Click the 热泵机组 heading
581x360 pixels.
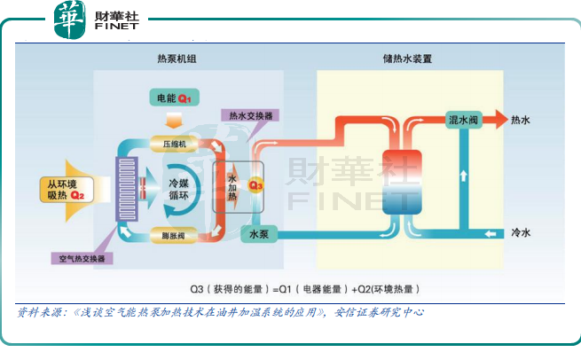(177, 59)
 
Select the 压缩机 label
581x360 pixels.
(174, 142)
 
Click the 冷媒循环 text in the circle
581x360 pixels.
(185, 188)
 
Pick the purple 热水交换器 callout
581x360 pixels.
(250, 115)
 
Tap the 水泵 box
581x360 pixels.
(259, 235)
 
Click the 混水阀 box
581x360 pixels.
(464, 119)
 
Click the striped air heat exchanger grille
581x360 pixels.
(122, 188)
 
